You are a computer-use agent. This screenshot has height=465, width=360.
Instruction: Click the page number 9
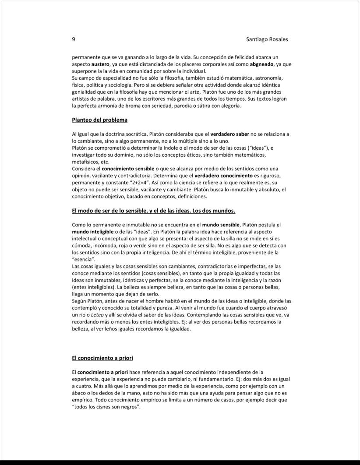(x=73, y=39)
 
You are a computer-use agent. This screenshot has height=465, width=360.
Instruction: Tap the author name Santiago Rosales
(x=267, y=39)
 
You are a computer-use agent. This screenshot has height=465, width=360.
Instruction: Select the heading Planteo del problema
(x=99, y=120)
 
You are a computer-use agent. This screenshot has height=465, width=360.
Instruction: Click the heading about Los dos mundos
(x=153, y=211)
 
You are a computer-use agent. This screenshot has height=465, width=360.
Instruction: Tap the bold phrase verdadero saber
(x=229, y=134)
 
